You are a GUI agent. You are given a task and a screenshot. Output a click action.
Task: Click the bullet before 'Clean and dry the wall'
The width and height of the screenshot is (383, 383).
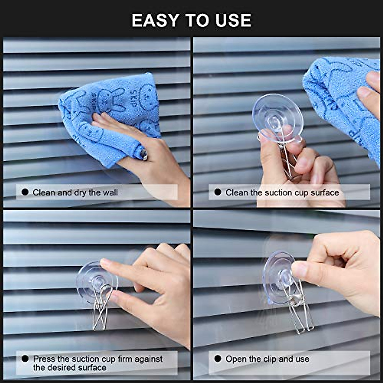point(25,192)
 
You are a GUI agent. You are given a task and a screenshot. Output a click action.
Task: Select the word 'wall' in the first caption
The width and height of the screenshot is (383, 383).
point(110,192)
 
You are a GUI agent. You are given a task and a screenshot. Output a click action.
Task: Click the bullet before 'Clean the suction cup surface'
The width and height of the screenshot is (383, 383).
point(218,192)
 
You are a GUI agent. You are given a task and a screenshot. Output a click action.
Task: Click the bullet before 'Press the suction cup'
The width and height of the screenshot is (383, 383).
point(25,359)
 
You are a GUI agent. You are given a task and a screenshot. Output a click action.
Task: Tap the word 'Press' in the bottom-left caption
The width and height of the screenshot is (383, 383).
point(44,359)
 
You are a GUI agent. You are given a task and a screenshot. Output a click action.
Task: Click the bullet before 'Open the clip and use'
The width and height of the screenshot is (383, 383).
point(218,359)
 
